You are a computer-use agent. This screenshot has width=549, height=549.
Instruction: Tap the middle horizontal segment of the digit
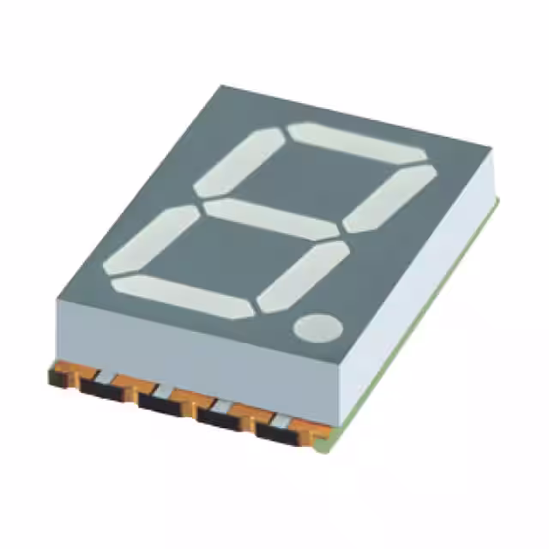click(273, 220)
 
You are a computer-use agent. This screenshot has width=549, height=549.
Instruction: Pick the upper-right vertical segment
click(389, 198)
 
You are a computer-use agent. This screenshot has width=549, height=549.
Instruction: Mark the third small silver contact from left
click(220, 405)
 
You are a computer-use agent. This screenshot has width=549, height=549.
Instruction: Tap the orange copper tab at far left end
click(58, 376)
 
